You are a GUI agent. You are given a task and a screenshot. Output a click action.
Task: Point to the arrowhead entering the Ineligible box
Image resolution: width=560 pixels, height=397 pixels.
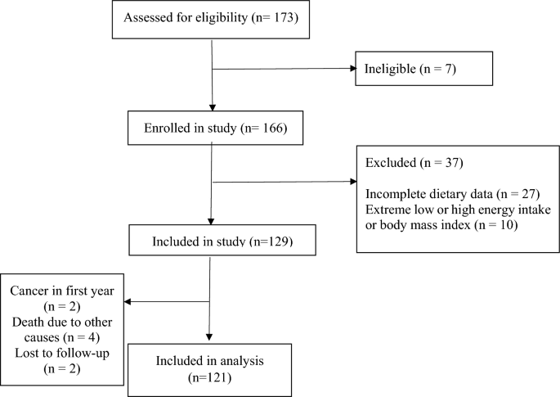pos(353,68)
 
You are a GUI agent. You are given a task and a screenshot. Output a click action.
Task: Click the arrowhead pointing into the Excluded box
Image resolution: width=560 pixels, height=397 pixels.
pos(353,182)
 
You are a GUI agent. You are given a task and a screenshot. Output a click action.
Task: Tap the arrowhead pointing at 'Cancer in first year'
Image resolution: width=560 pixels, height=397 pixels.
pos(128,301)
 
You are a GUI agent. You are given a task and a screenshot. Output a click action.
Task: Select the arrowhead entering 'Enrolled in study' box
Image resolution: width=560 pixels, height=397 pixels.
pos(212,107)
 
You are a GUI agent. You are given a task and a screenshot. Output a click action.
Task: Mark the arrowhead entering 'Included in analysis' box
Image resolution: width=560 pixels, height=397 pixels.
pos(209,337)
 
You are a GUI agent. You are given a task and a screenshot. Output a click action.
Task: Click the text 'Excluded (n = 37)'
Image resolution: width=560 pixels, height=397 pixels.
pos(414,163)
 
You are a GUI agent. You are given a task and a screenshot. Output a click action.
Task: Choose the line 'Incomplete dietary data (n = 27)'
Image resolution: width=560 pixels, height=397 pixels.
pos(452,194)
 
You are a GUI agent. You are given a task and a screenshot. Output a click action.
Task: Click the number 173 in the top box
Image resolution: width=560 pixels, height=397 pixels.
pos(284,17)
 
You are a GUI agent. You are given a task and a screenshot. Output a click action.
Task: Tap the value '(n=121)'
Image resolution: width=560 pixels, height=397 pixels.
pos(209,377)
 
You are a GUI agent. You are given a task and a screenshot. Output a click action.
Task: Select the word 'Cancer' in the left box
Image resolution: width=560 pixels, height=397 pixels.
pos(29,291)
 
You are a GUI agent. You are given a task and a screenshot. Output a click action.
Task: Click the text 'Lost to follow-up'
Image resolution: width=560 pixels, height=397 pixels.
pos(62,354)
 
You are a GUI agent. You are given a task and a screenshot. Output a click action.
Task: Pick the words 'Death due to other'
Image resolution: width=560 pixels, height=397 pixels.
pos(62,322)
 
